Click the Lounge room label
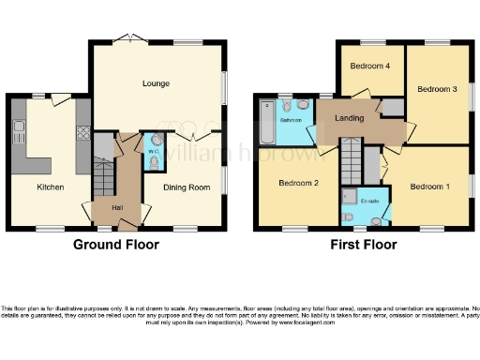(156, 83)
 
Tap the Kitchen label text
(50, 187)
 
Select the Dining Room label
(186, 187)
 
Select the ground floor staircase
(102, 174)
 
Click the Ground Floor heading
(116, 245)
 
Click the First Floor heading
(362, 245)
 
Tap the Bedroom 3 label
(436, 89)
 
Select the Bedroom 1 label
(429, 187)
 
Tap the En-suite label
(370, 201)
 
